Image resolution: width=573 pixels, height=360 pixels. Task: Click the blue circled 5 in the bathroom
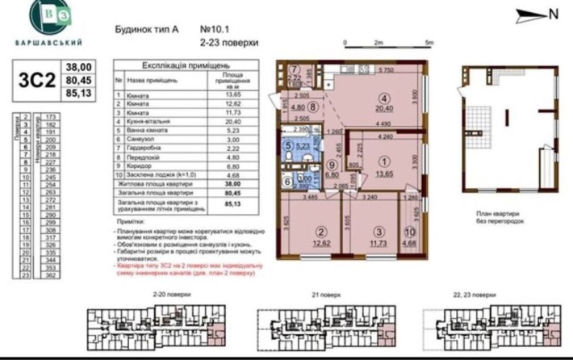coord(289,145)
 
